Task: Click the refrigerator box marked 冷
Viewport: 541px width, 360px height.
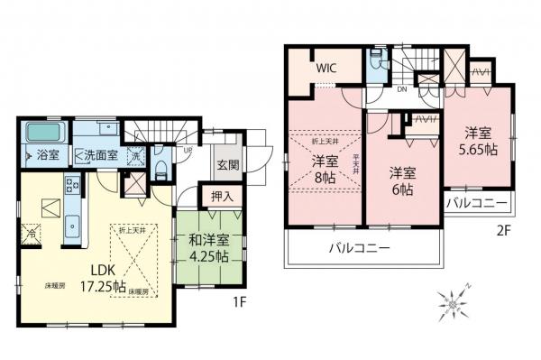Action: coord(31,230)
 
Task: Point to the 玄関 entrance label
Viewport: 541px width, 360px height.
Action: coord(227,166)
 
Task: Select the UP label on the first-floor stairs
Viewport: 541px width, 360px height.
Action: coord(186,151)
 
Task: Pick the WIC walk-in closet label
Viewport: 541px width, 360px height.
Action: coord(326,68)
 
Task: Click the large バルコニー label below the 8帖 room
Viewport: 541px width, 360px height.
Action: coord(358,247)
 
